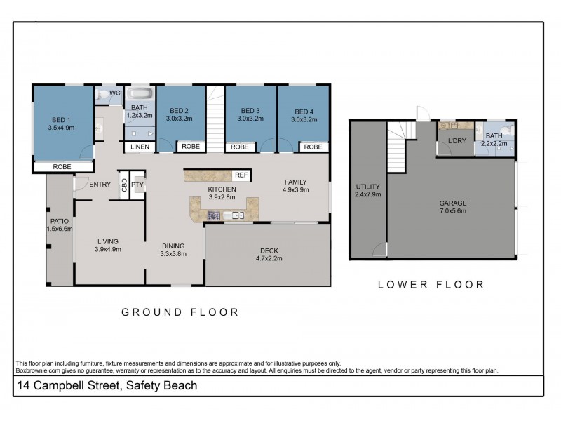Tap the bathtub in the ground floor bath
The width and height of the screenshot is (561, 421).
140,95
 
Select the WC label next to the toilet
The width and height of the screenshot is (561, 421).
115,93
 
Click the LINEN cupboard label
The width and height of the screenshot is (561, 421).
139,147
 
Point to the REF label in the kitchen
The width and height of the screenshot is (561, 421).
241,175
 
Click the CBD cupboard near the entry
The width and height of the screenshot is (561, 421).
124,185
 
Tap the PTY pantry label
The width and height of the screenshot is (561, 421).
137,185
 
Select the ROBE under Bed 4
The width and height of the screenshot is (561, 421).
313,147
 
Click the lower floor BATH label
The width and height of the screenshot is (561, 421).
494,136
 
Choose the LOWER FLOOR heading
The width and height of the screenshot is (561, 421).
431,285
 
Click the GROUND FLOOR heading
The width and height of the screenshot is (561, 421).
180,312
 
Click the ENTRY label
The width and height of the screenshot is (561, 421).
100,185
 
